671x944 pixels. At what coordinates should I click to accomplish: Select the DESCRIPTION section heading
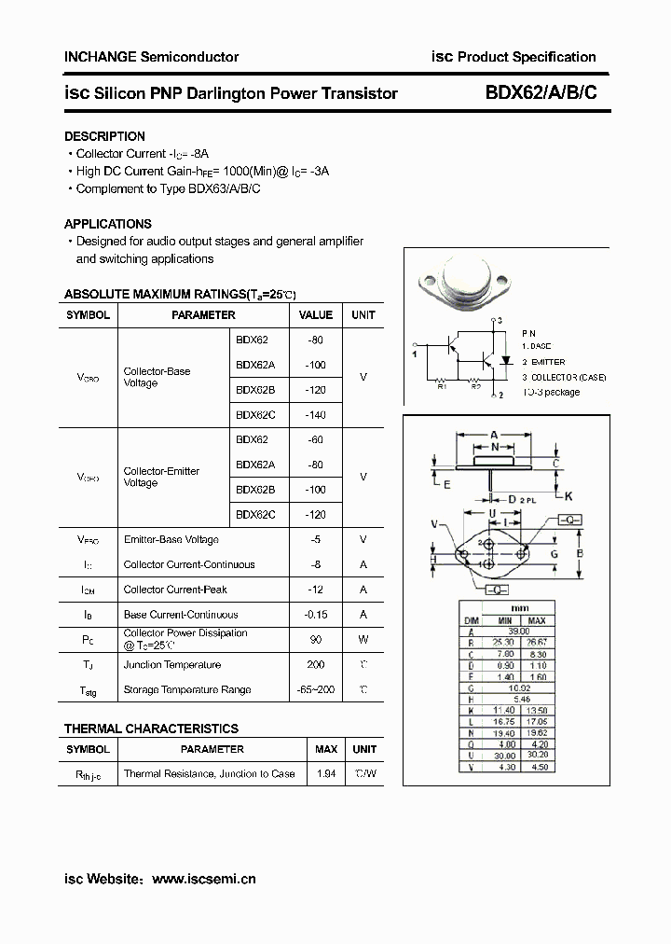pyautogui.click(x=104, y=136)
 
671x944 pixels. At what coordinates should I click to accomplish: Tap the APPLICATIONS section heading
pyautogui.click(x=107, y=224)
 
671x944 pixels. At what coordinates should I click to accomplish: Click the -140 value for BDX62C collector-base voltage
pyautogui.click(x=315, y=415)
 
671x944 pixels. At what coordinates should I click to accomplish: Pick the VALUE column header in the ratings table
pyautogui.click(x=316, y=315)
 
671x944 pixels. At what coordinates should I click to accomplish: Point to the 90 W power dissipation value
pyautogui.click(x=316, y=639)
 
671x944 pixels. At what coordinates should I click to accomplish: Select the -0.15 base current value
pyautogui.click(x=316, y=615)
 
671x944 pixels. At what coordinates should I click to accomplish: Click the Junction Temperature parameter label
pyautogui.click(x=172, y=665)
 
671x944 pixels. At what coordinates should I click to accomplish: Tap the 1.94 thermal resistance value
pyautogui.click(x=326, y=774)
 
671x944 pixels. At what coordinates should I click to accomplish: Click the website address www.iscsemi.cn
pyautogui.click(x=203, y=879)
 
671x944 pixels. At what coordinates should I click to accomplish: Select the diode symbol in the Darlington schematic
pyautogui.click(x=507, y=359)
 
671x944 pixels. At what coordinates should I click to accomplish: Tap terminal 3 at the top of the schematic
pyautogui.click(x=500, y=321)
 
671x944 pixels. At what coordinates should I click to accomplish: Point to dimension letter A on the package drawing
pyautogui.click(x=494, y=433)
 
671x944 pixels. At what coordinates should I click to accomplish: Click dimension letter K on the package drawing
pyautogui.click(x=568, y=495)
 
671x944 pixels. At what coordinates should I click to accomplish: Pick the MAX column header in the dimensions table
pyautogui.click(x=537, y=621)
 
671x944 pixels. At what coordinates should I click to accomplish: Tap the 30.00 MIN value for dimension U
pyautogui.click(x=504, y=756)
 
